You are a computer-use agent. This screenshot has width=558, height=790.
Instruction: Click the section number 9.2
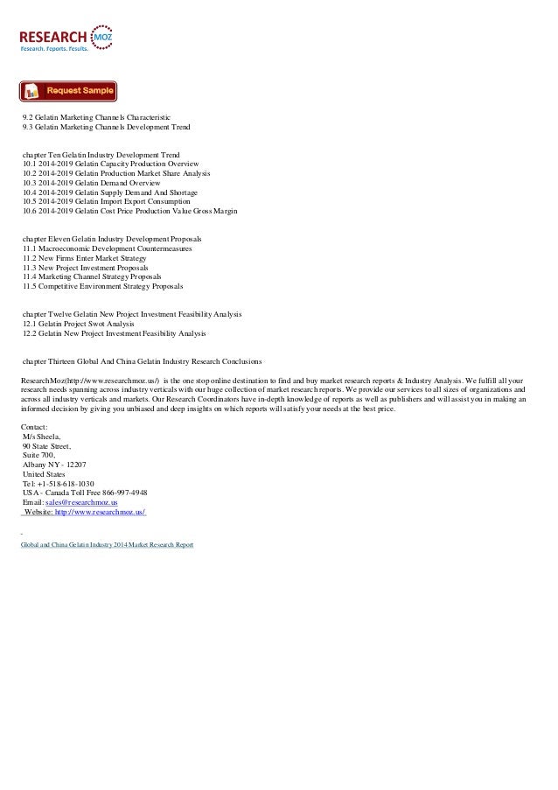[28, 117]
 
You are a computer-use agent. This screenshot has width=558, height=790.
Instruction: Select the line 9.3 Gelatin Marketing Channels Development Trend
[106, 127]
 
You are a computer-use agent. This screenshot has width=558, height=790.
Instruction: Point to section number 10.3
[31, 183]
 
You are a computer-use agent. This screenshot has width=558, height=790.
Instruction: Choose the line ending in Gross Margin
[129, 211]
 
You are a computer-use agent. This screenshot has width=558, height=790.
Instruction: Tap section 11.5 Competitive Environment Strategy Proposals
[103, 286]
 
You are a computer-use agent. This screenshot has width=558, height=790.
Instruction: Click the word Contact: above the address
[36, 427]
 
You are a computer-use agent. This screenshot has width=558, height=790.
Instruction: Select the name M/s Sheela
[42, 436]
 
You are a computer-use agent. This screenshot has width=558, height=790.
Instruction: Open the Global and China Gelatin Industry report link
[108, 544]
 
